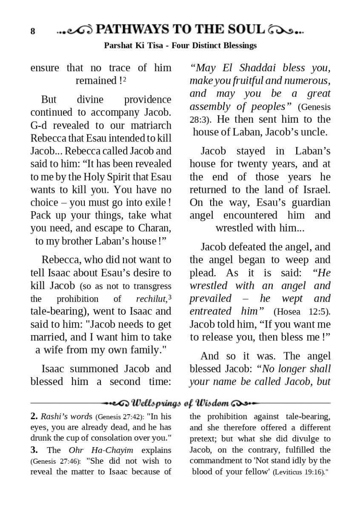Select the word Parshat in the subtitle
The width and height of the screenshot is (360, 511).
[x=117, y=45]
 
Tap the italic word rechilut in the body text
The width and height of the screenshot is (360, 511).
[x=151, y=299]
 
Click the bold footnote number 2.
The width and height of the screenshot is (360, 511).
[x=34, y=416]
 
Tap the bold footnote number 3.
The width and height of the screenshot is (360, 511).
[x=34, y=450]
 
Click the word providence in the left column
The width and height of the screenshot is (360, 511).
[x=148, y=100]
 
